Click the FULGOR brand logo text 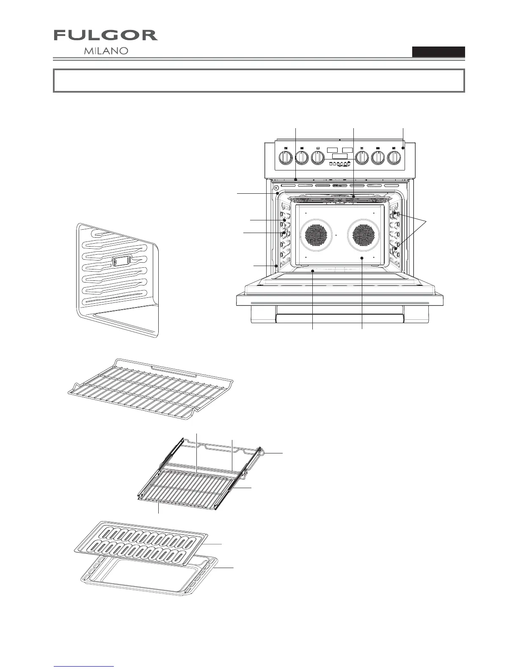tap(105, 36)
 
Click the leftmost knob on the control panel tap(285, 158)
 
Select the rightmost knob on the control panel tap(394, 158)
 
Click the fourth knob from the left tap(362, 158)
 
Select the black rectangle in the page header tap(438, 52)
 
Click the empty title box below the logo tap(259, 80)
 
